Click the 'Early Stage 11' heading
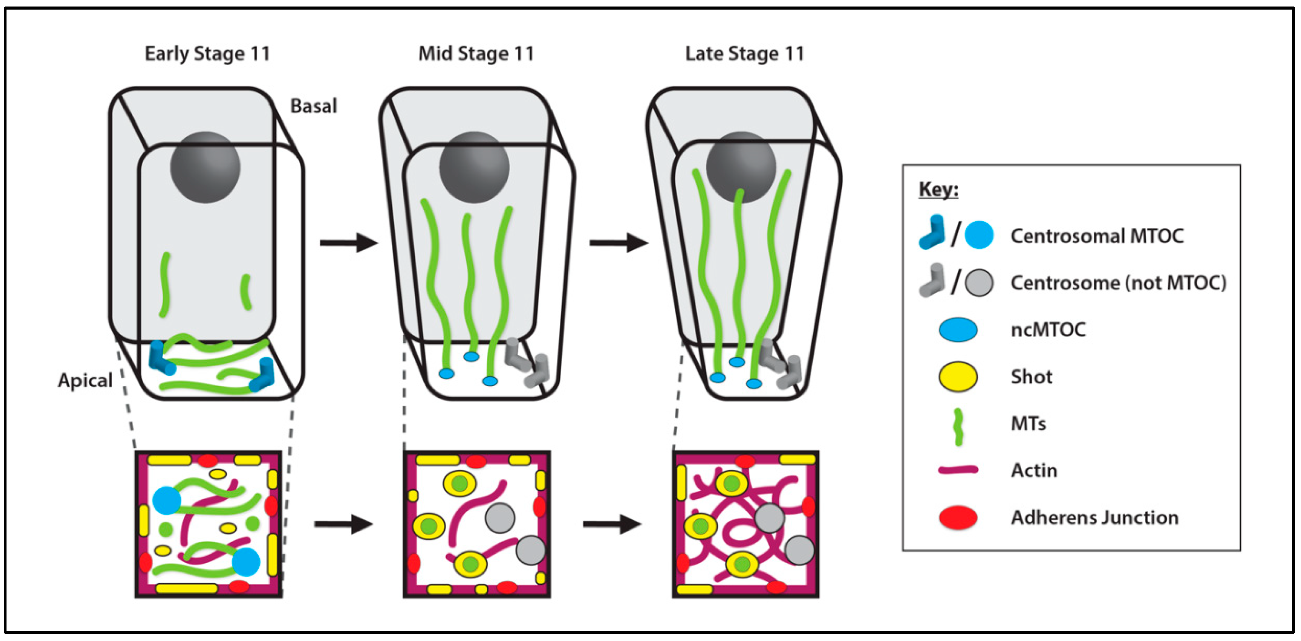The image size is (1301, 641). (x=207, y=54)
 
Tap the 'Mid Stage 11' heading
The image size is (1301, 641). (x=476, y=54)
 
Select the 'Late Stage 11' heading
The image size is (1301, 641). (x=745, y=54)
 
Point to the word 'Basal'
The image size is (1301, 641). (x=313, y=106)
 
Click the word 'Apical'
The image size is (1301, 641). (x=85, y=380)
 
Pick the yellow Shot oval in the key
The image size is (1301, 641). (x=957, y=377)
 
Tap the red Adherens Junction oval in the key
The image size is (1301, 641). (x=957, y=518)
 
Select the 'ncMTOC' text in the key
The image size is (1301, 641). (x=1048, y=330)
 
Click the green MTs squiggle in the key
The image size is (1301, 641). (x=958, y=427)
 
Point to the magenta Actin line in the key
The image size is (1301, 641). (x=957, y=470)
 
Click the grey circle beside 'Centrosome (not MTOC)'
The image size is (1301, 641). (x=979, y=283)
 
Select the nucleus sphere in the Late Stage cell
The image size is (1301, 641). (x=741, y=167)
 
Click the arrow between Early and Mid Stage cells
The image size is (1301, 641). (x=349, y=243)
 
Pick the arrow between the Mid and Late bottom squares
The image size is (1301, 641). (x=612, y=524)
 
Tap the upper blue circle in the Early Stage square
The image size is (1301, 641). (x=167, y=500)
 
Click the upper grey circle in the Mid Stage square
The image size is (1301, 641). (x=499, y=518)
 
